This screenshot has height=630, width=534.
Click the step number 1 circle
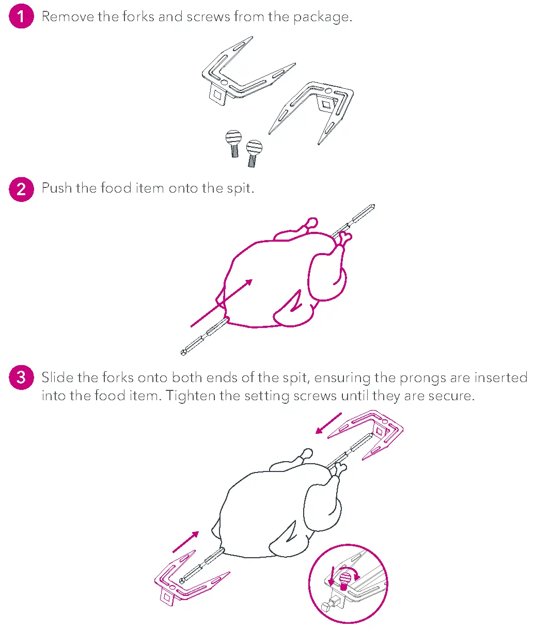pos(21,17)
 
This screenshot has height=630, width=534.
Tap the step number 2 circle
pos(21,188)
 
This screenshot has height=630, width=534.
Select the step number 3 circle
pos(21,377)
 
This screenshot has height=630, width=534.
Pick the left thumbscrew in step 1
pos(233,143)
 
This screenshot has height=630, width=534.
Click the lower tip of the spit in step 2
pos(184,353)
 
